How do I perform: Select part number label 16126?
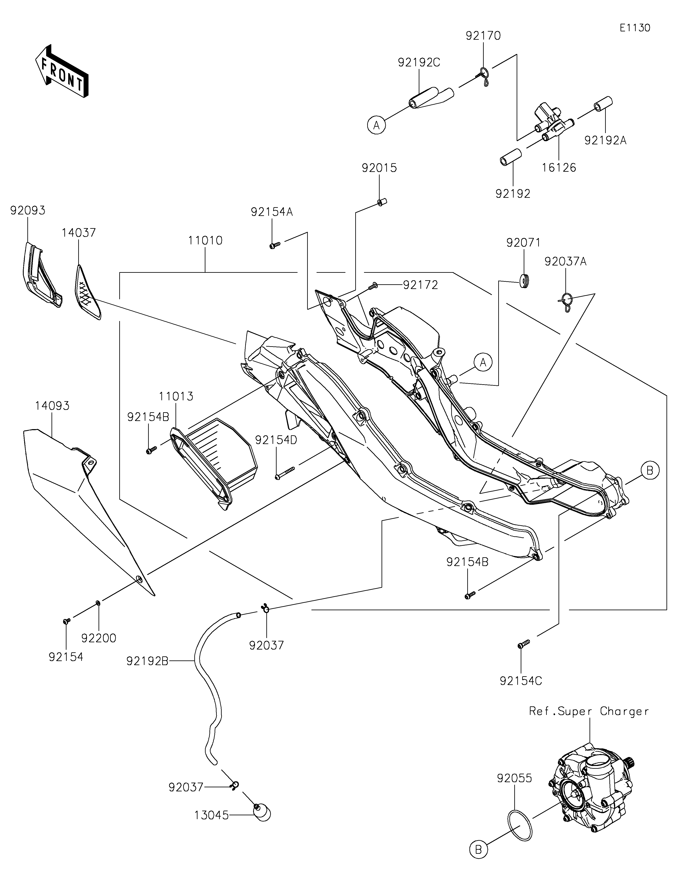tap(559, 167)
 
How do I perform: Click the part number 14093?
tap(52, 406)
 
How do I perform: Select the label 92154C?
tap(521, 681)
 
